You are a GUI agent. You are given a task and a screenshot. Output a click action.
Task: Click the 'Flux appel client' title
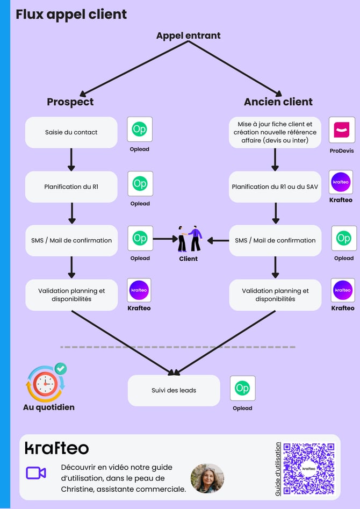[71, 15]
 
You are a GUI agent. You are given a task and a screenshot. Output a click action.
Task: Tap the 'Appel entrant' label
[188, 35]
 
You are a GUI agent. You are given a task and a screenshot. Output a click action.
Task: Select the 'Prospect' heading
[70, 102]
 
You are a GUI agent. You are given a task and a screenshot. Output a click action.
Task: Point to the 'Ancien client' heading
[278, 102]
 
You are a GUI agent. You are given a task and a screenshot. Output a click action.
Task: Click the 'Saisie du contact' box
[71, 132]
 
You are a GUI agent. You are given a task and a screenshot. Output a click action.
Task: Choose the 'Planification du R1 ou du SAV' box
[275, 187]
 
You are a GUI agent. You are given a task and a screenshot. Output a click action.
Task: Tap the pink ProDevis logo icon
[342, 130]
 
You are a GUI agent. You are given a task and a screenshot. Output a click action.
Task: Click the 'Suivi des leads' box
[174, 390]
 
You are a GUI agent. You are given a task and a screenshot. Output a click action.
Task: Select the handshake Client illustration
[190, 239]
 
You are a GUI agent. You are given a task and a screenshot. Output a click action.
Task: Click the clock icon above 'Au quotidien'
[46, 383]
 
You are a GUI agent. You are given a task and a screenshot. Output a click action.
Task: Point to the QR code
[309, 468]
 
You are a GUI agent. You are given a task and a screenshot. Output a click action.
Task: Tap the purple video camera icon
[36, 472]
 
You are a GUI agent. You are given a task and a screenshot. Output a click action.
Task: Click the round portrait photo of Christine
[207, 478]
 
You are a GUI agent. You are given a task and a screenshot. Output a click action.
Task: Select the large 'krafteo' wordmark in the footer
[57, 448]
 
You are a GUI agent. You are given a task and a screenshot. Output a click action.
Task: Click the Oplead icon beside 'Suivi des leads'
[242, 388]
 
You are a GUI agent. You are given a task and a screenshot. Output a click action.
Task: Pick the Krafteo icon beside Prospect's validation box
[139, 290]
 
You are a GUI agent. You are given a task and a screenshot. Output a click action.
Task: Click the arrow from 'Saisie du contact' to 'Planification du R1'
[71, 160]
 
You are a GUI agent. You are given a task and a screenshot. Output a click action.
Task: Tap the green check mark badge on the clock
[61, 369]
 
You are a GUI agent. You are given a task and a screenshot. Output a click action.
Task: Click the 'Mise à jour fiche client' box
[275, 132]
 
